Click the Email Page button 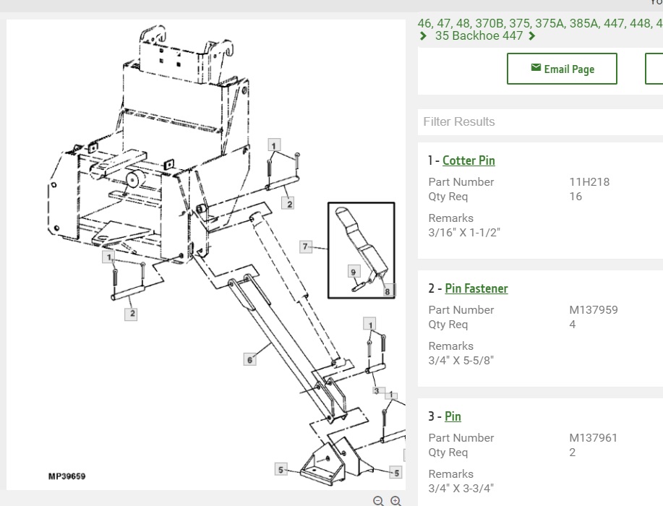click(x=562, y=69)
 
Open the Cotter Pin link click(x=469, y=160)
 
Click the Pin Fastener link click(x=476, y=288)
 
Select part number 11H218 click(x=589, y=181)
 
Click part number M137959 click(x=594, y=310)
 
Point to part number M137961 click(x=594, y=437)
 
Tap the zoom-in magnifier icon click(x=395, y=501)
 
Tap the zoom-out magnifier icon click(x=378, y=501)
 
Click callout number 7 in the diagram click(x=306, y=246)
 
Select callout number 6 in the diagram click(x=250, y=360)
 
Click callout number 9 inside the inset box click(x=354, y=272)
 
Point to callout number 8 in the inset click(x=387, y=291)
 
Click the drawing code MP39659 click(x=67, y=476)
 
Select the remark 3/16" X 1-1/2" click(x=464, y=232)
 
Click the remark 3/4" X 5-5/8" click(x=461, y=360)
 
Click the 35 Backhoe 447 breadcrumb click(x=479, y=35)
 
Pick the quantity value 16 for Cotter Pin click(x=576, y=196)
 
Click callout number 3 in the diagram click(x=376, y=391)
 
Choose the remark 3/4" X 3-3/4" click(x=461, y=488)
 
